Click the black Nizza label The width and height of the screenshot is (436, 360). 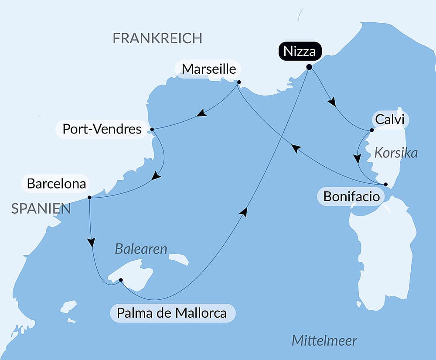pos(300,51)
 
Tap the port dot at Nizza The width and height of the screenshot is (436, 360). pos(309,67)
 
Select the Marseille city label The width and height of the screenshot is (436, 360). pos(209,69)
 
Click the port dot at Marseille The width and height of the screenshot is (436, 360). pos(239,82)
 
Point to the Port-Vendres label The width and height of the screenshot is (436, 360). pos(102,129)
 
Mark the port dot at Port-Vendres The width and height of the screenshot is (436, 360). pos(152,130)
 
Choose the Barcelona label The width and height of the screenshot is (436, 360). pos(56,184)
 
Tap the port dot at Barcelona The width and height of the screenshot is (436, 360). pos(89,198)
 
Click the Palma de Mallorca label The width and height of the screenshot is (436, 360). pos(173,313)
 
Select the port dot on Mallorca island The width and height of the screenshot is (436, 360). pos(121,280)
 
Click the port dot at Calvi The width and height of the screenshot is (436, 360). pos(371,130)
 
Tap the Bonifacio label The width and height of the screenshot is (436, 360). pos(351,197)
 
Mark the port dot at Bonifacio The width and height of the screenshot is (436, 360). pos(385,184)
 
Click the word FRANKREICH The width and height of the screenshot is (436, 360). pos(157,38)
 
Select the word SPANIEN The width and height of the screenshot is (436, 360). pos(41,209)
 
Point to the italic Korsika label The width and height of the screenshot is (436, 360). pos(396,153)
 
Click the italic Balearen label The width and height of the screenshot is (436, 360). pos(141,249)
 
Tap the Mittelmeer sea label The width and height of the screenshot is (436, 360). pos(324,340)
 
